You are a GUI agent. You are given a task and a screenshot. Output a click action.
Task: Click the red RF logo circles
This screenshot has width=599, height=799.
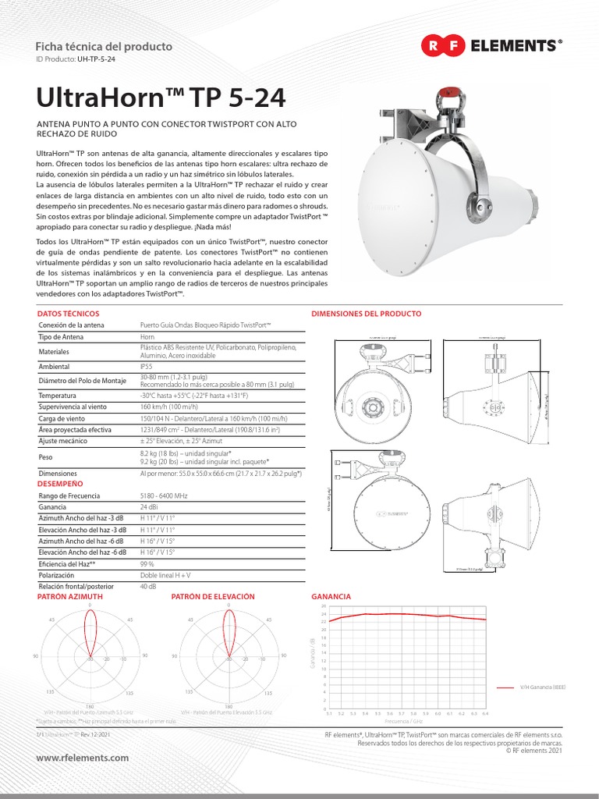[444, 46]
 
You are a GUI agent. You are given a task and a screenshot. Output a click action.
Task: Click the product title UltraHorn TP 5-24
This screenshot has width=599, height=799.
[161, 99]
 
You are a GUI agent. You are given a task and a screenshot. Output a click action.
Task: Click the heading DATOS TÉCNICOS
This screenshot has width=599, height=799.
[69, 314]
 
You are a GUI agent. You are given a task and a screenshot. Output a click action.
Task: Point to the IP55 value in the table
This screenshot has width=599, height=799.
[147, 365]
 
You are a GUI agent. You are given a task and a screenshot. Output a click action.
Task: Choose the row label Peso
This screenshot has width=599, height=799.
[46, 457]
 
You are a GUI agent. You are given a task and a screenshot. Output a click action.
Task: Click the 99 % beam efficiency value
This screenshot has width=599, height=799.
[147, 563]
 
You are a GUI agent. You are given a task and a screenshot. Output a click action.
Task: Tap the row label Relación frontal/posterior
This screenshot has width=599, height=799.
[76, 585]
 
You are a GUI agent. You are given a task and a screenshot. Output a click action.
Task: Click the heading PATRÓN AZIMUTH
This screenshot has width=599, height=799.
[70, 596]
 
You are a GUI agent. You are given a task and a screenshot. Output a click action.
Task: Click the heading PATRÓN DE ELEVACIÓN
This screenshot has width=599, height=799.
[213, 596]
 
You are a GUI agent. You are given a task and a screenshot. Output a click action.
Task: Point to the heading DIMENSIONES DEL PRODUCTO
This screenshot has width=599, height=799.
[366, 314]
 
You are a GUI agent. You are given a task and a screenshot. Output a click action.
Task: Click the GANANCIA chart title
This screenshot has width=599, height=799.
[331, 596]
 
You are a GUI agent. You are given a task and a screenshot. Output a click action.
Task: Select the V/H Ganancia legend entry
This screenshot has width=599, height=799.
[541, 688]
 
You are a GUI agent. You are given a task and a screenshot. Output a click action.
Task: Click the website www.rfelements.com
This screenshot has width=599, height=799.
[83, 758]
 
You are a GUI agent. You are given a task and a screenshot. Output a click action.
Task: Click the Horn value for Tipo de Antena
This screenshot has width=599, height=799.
[147, 336]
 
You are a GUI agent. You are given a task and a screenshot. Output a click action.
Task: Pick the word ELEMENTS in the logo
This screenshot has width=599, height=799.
[514, 46]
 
